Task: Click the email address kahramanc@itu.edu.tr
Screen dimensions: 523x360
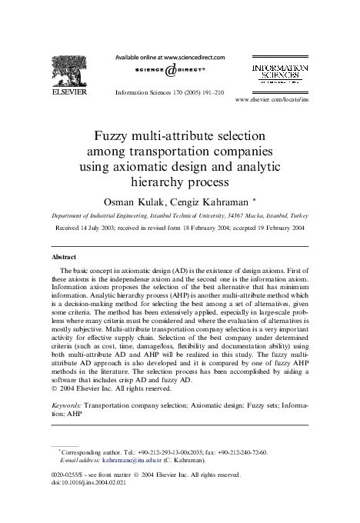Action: [x=122, y=459]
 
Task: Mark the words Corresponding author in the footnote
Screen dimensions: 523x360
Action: [x=88, y=451]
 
